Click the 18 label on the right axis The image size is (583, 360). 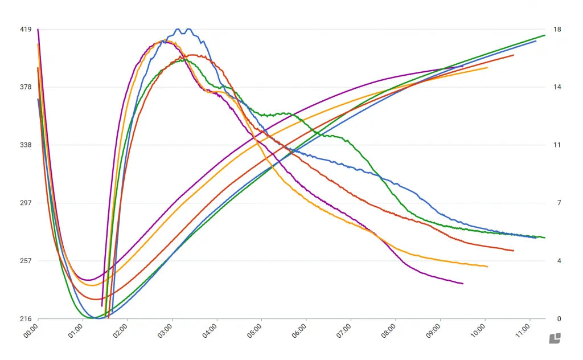click(557, 29)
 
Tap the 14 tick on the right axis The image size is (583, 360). click(557, 87)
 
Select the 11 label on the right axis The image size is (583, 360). click(557, 145)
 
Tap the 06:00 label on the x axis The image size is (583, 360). click(299, 332)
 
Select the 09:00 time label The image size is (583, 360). click(433, 332)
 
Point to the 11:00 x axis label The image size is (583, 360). click(522, 332)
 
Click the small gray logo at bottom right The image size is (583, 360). click(555, 338)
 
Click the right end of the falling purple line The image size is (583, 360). click(462, 283)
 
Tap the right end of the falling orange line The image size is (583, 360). click(487, 267)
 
